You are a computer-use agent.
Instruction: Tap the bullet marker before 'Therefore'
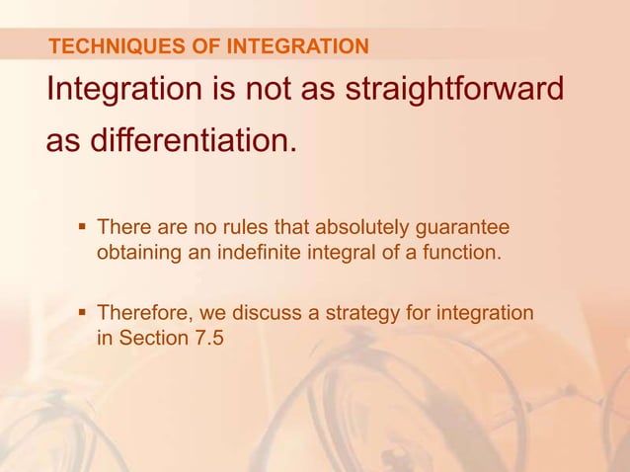(x=82, y=314)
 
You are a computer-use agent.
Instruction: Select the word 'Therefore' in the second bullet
(x=144, y=315)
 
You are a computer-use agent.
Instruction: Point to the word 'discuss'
(x=267, y=315)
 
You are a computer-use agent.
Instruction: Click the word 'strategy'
(x=355, y=315)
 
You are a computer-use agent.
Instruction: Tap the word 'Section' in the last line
(x=153, y=341)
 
